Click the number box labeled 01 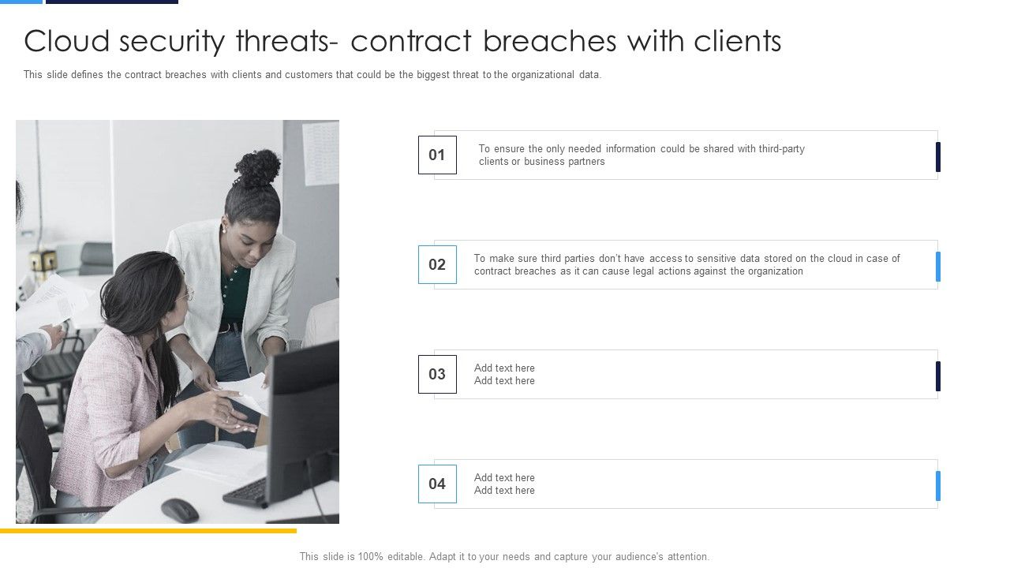437,155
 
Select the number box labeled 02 437,264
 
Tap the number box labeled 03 437,374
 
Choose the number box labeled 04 437,484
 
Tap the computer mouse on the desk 180,510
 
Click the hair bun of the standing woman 258,168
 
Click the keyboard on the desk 245,493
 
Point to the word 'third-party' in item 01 781,148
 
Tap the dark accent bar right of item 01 938,156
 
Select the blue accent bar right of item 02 938,266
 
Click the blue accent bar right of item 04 938,485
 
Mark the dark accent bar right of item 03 938,376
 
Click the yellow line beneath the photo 148,531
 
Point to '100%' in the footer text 371,556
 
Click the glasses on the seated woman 187,294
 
